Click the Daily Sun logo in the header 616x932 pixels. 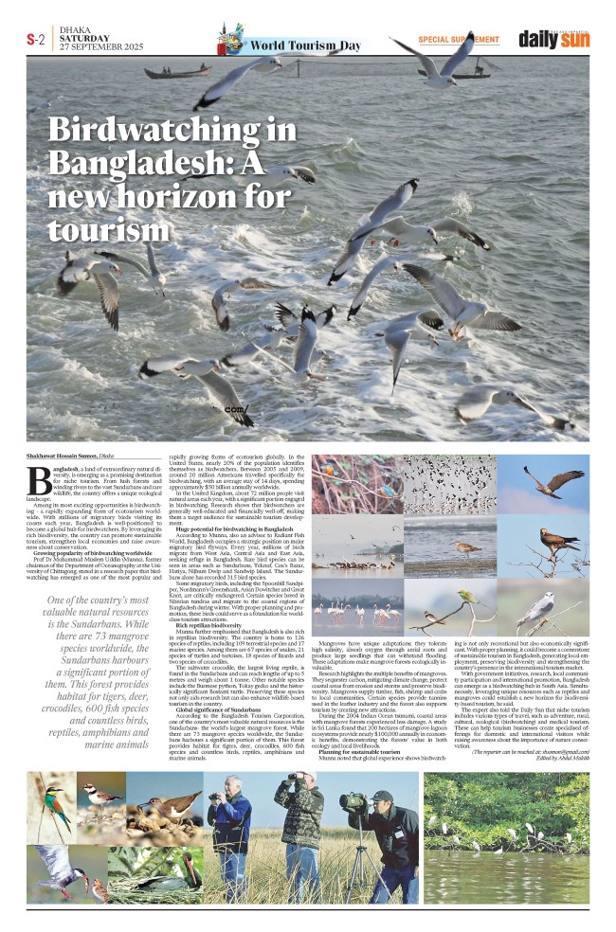[553, 39]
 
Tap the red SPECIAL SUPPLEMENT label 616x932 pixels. [458, 39]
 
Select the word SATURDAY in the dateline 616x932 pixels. [84, 39]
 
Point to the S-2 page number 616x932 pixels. [35, 40]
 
